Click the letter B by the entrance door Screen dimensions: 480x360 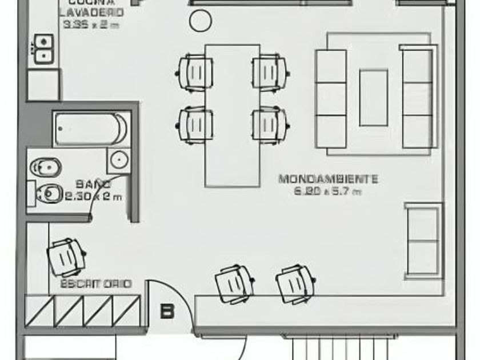167,312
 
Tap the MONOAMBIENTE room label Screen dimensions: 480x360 328,179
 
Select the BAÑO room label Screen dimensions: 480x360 93,185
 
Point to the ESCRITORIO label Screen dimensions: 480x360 95,283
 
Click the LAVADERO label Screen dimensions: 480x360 92,12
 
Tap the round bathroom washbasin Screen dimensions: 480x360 119,159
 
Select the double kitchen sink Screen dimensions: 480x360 43,49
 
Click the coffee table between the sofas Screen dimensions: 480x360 374,97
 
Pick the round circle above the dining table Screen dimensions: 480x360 200,21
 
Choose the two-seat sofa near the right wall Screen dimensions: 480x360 423,241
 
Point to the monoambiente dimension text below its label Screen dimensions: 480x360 327,192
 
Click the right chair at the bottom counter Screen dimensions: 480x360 295,283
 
